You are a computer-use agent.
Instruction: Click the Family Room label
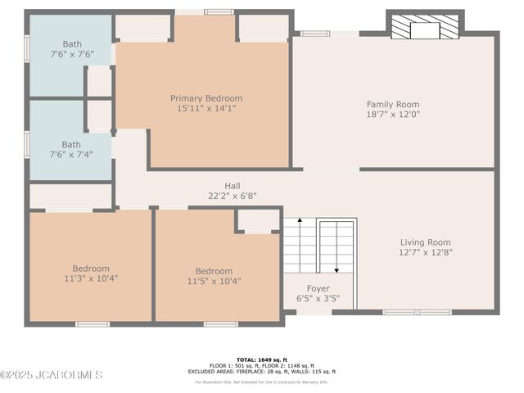pyautogui.click(x=392, y=104)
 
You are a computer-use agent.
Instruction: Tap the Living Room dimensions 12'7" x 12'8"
pyautogui.click(x=425, y=252)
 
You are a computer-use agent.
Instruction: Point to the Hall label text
pyautogui.click(x=233, y=186)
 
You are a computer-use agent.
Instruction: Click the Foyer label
pyautogui.click(x=318, y=288)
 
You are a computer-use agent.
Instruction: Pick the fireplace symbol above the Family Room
pyautogui.click(x=425, y=28)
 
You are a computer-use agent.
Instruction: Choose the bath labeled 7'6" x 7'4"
pyautogui.click(x=71, y=149)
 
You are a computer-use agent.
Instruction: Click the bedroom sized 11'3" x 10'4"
pyautogui.click(x=90, y=273)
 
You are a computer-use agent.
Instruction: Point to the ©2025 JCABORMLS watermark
pyautogui.click(x=51, y=375)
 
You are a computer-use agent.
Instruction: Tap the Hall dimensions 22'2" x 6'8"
pyautogui.click(x=233, y=196)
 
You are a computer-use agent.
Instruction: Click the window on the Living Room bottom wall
pyautogui.click(x=417, y=312)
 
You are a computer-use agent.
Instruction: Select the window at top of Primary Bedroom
pyautogui.click(x=218, y=12)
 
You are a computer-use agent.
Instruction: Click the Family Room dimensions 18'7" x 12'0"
pyautogui.click(x=392, y=114)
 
